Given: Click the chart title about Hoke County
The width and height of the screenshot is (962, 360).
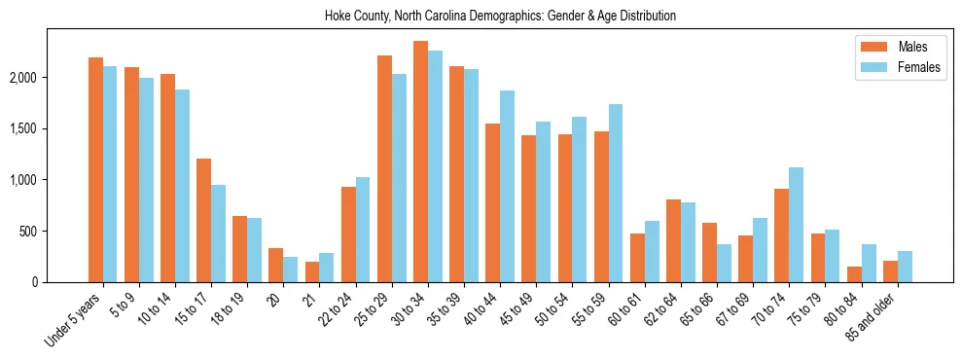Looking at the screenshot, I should (x=500, y=17).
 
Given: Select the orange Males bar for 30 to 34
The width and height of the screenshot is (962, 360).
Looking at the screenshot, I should (x=420, y=162).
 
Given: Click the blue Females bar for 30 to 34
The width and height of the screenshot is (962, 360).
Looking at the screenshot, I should (x=435, y=166).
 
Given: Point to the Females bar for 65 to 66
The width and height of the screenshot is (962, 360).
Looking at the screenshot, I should (x=724, y=263).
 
